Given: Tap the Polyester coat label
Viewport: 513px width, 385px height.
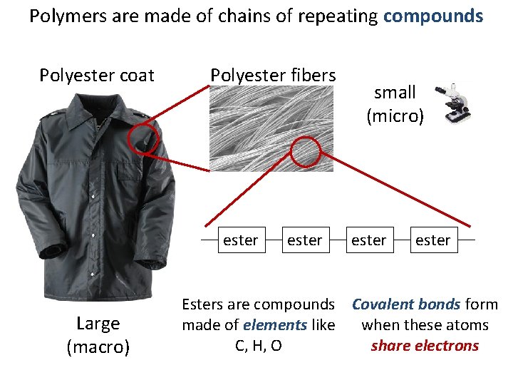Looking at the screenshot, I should [97, 75].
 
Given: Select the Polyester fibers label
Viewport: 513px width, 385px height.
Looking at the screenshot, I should [273, 75].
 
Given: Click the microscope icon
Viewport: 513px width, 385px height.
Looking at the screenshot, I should [457, 103].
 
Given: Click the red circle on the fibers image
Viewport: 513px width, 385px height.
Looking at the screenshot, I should [307, 151].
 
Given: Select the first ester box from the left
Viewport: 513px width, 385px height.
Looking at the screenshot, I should [240, 240].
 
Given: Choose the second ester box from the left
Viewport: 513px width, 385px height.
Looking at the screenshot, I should [304, 240].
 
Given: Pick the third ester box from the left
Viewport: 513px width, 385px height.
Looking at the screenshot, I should [368, 240].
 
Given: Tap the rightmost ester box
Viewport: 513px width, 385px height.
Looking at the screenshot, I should [432, 240].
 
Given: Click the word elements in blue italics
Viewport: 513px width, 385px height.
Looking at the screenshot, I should [275, 325].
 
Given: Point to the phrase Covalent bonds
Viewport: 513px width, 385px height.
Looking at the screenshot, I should [406, 304].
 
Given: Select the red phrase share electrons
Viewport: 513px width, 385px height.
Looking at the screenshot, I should [425, 346].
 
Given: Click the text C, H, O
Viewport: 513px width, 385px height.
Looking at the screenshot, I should [258, 346].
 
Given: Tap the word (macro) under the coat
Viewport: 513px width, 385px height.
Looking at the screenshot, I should [98, 347].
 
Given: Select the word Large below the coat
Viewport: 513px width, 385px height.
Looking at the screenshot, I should [98, 324].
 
